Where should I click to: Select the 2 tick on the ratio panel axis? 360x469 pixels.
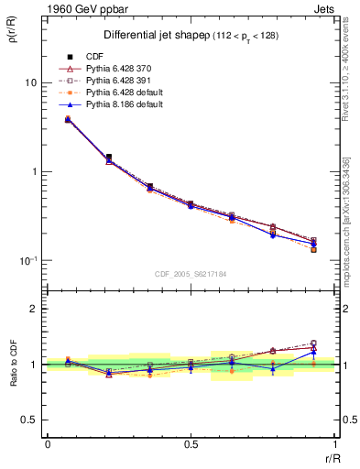tap(34, 310)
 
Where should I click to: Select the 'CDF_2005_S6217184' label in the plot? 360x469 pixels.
tap(191, 273)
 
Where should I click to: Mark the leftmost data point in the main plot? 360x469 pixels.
tap(68, 119)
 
